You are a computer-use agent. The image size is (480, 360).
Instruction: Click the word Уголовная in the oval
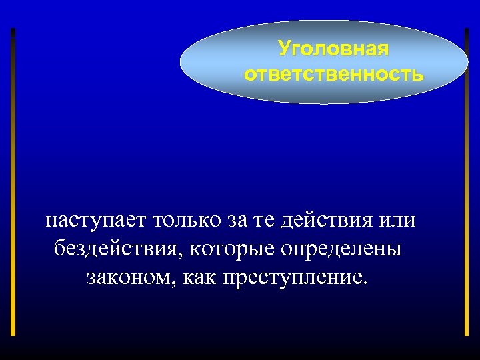(333, 49)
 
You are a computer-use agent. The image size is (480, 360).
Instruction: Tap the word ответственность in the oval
(333, 73)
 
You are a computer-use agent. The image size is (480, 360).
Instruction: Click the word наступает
(96, 219)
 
